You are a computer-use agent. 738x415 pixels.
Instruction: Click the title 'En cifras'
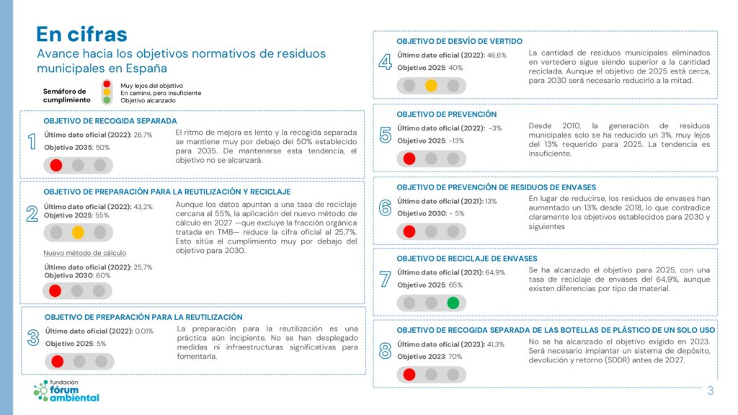pyautogui.click(x=81, y=34)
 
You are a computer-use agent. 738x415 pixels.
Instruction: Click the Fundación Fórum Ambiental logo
pyautogui.click(x=66, y=391)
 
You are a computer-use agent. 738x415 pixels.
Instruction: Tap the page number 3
pyautogui.click(x=710, y=391)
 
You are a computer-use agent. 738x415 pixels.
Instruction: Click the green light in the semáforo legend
pyautogui.click(x=107, y=101)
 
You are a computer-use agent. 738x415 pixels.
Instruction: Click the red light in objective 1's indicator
pyautogui.click(x=56, y=165)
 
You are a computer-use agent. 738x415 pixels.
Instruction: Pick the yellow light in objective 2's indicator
pyautogui.click(x=78, y=232)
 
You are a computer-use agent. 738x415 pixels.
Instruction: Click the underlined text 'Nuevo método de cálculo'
pyautogui.click(x=75, y=253)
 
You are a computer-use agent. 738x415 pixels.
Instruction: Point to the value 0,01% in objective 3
pyautogui.click(x=143, y=331)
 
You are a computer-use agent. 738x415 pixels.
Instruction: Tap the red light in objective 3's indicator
pyautogui.click(x=58, y=361)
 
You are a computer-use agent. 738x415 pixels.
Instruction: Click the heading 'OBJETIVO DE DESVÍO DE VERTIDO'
pyautogui.click(x=459, y=41)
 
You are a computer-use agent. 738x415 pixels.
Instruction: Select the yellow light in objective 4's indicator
pyautogui.click(x=431, y=85)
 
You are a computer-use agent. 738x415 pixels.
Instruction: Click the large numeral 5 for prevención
pyautogui.click(x=385, y=135)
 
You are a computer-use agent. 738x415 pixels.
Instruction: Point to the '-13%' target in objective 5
pyautogui.click(x=455, y=140)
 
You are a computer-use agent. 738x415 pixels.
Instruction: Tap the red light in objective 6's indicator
pyautogui.click(x=409, y=231)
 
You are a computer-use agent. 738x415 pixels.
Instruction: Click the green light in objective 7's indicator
pyautogui.click(x=453, y=303)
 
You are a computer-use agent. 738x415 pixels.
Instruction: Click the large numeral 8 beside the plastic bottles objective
pyautogui.click(x=385, y=351)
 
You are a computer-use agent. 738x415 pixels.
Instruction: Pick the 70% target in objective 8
pyautogui.click(x=455, y=357)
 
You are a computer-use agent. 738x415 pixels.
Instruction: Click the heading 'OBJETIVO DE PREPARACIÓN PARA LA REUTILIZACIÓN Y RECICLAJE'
pyautogui.click(x=167, y=192)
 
